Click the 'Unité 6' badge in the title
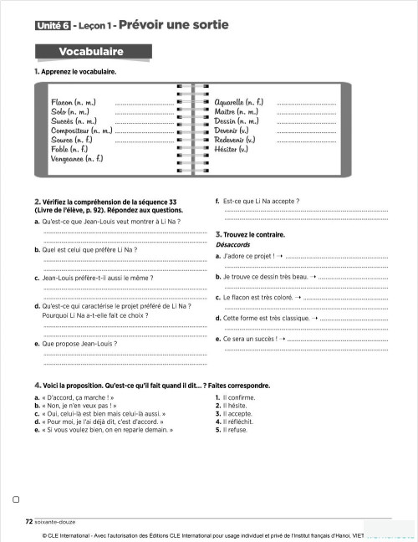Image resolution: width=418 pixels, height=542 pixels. (x=52, y=26)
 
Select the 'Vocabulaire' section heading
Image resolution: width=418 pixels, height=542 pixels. (x=91, y=52)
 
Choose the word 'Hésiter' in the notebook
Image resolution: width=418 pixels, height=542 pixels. (x=232, y=149)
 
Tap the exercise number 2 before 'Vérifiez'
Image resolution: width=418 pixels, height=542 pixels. (x=38, y=202)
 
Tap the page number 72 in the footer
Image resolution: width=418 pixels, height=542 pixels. (x=29, y=520)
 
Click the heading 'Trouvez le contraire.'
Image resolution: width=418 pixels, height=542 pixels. (x=253, y=235)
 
